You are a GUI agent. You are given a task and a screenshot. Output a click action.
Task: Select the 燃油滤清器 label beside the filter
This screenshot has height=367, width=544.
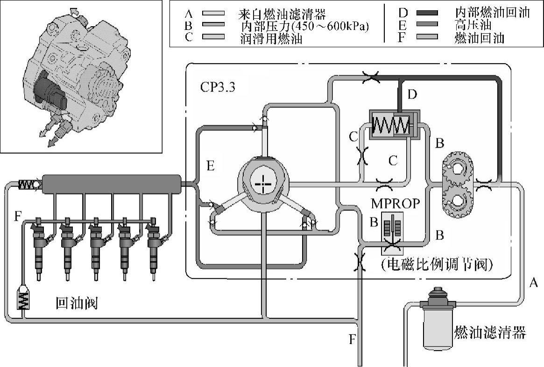[490, 333]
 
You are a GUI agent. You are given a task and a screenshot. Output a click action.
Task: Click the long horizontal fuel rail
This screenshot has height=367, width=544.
[111, 184]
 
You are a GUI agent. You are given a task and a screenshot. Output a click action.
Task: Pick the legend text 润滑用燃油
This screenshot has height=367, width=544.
[270, 38]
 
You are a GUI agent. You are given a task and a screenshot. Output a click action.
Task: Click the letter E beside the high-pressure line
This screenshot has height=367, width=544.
[210, 166]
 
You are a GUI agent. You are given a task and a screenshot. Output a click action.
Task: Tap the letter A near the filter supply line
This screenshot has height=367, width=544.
[535, 282]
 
